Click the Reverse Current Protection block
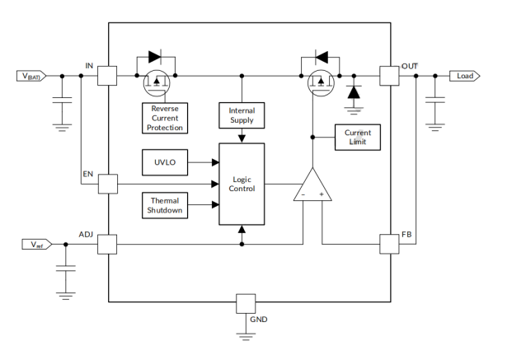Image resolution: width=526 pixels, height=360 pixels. click(165, 118)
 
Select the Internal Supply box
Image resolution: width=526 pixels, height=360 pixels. click(241, 115)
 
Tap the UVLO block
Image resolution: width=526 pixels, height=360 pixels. click(165, 162)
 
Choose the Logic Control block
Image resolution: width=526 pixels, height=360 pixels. click(241, 184)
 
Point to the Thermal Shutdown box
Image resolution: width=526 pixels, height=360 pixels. click(165, 206)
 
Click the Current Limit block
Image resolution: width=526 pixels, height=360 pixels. click(357, 138)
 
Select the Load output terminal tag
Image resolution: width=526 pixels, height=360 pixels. click(464, 76)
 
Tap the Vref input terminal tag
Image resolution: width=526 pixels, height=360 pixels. click(35, 244)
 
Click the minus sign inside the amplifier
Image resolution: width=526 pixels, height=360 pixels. click(303, 195)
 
